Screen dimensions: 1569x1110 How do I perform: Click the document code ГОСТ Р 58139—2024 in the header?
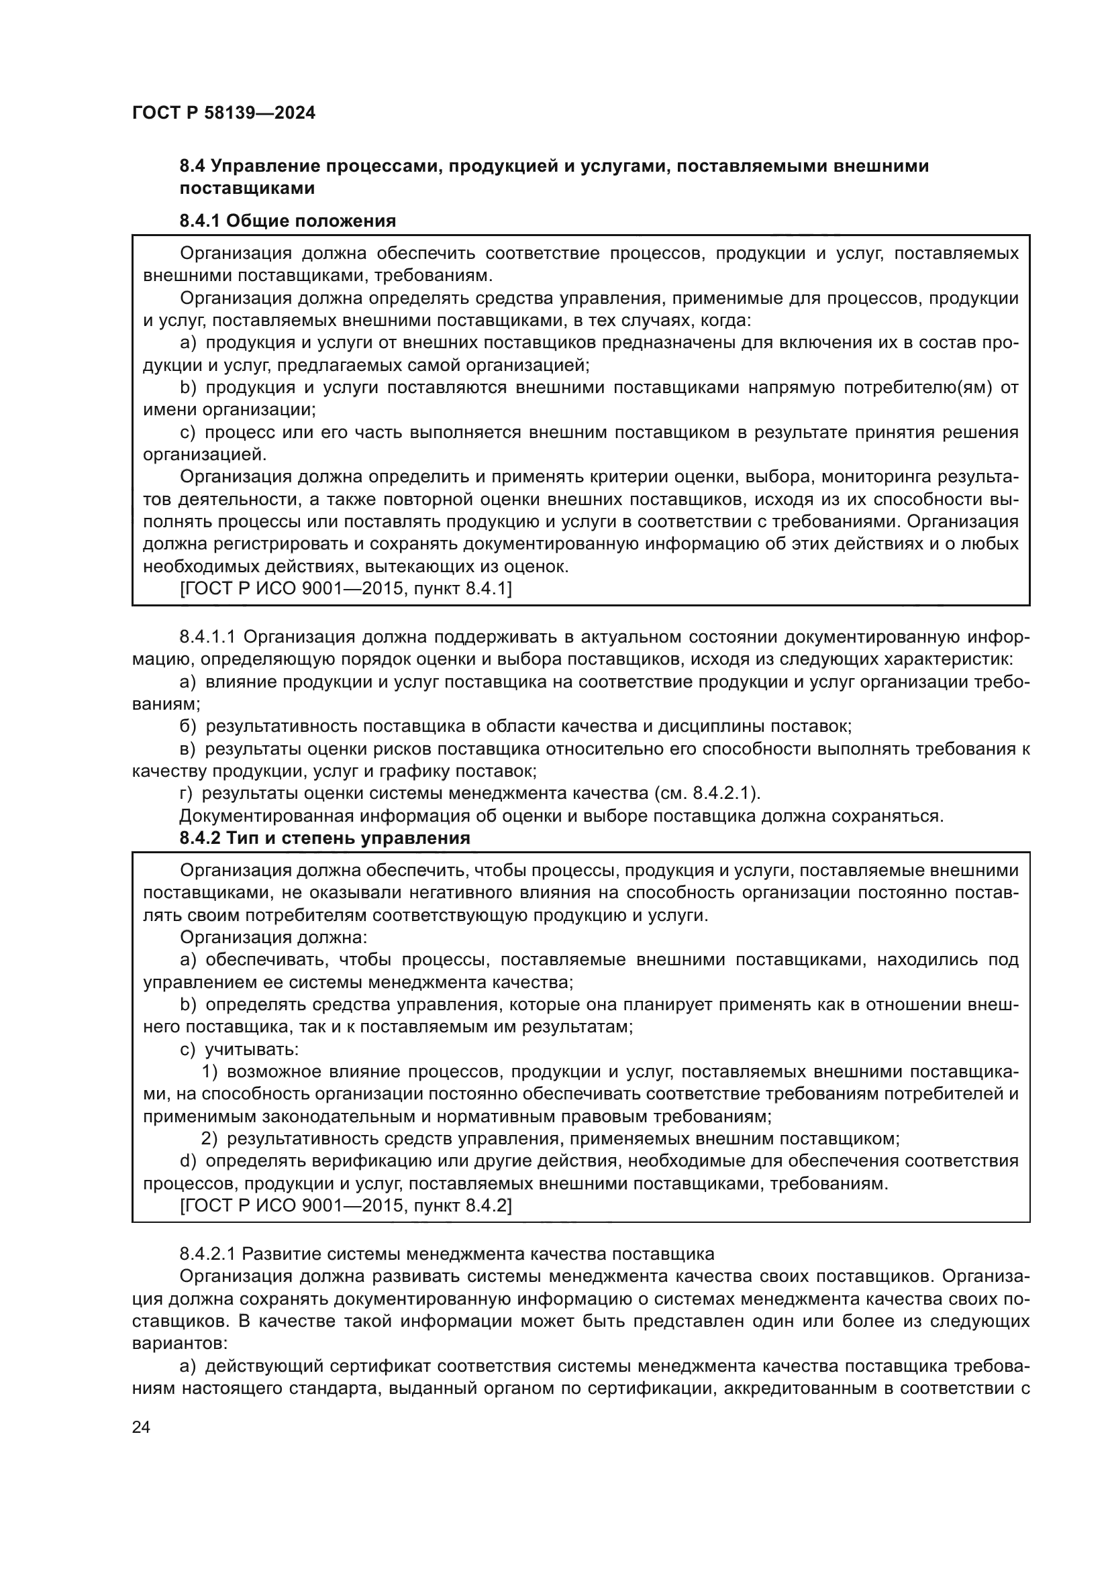(223, 113)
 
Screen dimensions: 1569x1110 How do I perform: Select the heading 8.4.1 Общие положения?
(288, 221)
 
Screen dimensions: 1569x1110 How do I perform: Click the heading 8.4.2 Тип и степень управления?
(325, 838)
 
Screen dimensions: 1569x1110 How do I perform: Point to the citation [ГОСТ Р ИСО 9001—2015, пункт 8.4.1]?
(345, 588)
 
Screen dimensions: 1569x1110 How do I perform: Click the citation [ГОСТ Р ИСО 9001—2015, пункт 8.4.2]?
(345, 1205)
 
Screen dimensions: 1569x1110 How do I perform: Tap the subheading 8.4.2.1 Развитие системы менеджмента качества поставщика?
(446, 1254)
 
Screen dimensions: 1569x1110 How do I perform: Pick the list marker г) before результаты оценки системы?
(187, 794)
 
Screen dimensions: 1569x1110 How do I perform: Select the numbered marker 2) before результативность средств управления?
(210, 1138)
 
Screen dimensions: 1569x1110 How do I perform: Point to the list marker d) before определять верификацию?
(188, 1160)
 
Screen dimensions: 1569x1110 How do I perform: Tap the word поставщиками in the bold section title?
(247, 188)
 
